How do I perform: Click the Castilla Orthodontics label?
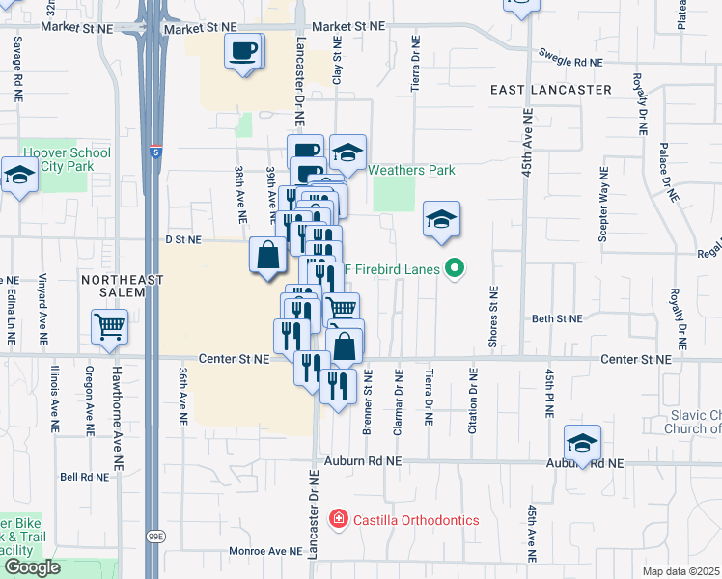coord(414,520)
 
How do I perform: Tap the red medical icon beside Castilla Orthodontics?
coord(337,520)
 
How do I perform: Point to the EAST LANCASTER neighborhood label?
coord(550,90)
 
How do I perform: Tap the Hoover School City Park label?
coord(67,159)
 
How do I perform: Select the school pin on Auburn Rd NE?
coord(582,443)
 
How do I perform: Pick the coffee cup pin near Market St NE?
coord(243,49)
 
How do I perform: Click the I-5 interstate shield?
coord(157,152)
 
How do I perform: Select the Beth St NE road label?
coord(557,318)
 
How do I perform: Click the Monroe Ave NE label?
coord(265,552)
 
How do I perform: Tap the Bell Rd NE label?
coord(83,477)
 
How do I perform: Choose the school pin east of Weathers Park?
coord(441,220)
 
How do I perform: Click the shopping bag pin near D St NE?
coord(268,256)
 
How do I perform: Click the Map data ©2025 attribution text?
coord(680,571)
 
